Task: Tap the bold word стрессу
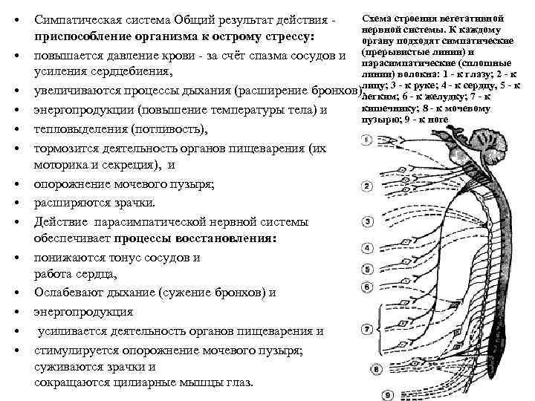pyautogui.click(x=286, y=36)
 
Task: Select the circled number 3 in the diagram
pyautogui.click(x=368, y=221)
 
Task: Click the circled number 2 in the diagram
pyautogui.click(x=368, y=186)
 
